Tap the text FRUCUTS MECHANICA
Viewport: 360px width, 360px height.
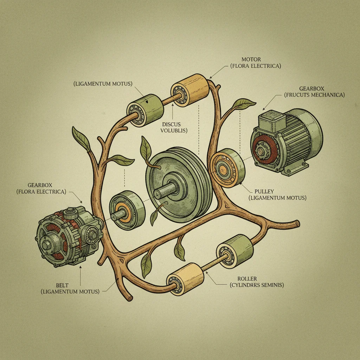pos(314,95)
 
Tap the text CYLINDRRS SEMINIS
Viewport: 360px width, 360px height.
pos(257,285)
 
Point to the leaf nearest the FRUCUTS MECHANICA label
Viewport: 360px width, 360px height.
pos(243,104)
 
